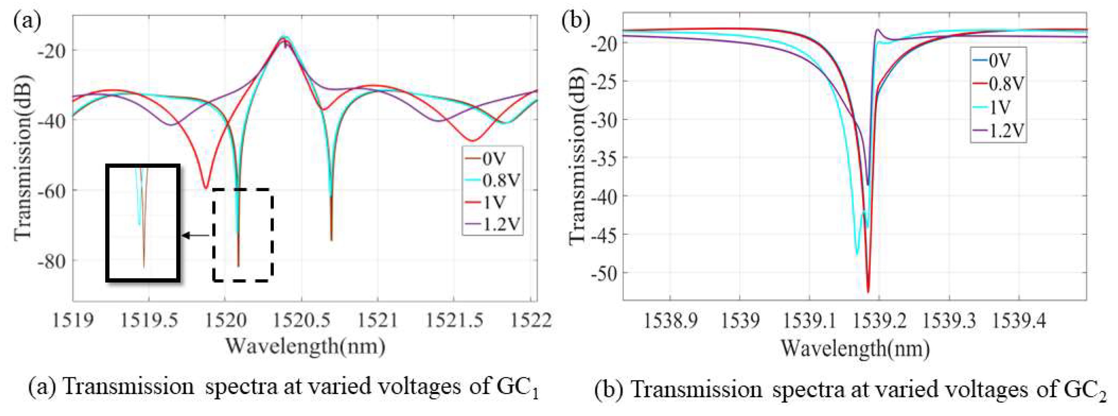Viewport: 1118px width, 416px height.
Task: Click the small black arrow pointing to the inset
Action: click(195, 235)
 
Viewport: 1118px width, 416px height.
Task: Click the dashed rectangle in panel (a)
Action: click(243, 235)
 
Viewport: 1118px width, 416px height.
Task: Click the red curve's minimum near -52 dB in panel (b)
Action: click(868, 292)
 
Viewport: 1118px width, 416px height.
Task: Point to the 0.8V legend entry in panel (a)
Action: click(500, 180)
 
